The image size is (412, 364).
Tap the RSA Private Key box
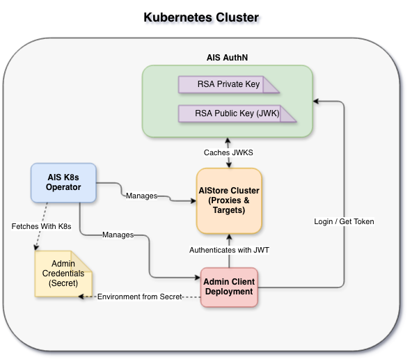[x=229, y=85]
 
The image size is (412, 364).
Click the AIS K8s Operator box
[x=63, y=182]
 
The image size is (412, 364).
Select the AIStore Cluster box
[x=229, y=200]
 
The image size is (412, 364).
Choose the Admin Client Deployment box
[x=229, y=287]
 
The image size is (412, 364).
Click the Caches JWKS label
[x=229, y=152]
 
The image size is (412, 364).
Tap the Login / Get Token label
[x=343, y=221]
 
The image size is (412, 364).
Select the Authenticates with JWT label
[x=229, y=249]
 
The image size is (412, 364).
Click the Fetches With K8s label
[x=41, y=226]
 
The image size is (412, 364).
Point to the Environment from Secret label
[x=140, y=296]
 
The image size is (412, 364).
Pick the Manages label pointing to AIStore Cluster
[x=141, y=196]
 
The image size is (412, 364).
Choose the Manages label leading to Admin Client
[x=118, y=235]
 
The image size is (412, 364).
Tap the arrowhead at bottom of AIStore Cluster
[x=229, y=238]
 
